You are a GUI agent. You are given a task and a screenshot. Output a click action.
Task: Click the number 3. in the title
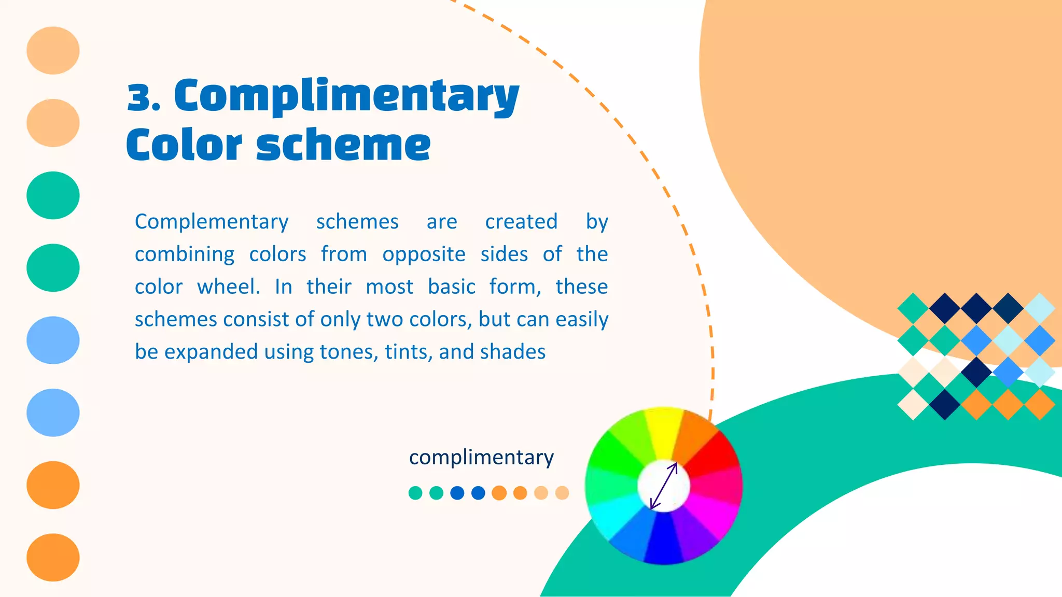click(143, 97)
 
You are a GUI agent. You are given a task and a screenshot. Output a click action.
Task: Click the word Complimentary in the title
click(346, 97)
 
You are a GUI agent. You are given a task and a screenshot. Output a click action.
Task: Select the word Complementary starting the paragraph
click(212, 222)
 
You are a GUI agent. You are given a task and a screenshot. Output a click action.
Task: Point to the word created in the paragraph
click(521, 222)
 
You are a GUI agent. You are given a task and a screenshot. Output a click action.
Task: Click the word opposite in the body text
click(424, 254)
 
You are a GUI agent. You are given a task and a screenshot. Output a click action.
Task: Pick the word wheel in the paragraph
click(228, 287)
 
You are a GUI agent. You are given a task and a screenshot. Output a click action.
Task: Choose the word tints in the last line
click(408, 352)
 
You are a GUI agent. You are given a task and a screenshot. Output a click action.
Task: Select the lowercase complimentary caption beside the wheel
click(481, 457)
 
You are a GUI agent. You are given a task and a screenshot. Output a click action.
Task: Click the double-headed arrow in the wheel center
click(664, 486)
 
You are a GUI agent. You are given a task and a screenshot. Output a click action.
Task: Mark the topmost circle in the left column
click(53, 50)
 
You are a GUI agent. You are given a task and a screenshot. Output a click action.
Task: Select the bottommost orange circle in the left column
click(53, 558)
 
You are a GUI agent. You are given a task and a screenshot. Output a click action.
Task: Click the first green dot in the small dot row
click(415, 493)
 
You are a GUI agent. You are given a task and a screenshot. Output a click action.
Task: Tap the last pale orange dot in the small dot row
click(562, 493)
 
